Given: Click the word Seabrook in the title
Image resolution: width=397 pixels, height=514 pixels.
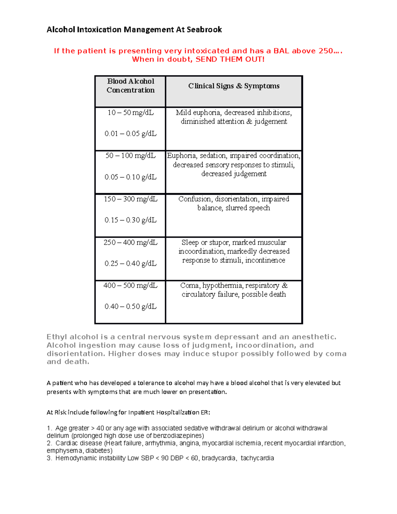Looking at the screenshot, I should tap(204, 30).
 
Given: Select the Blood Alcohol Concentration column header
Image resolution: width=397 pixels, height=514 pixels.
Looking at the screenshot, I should tap(130, 86).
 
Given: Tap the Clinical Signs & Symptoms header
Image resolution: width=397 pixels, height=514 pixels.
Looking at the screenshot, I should tap(234, 86).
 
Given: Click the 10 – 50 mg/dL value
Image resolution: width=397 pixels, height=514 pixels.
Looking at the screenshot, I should tap(130, 113).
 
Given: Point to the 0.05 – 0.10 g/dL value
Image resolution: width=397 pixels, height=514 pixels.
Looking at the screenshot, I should tap(130, 177).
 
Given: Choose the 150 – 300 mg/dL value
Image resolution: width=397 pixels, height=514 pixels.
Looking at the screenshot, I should tap(130, 199).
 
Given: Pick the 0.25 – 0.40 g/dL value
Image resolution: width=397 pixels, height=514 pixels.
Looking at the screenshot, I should tap(130, 263).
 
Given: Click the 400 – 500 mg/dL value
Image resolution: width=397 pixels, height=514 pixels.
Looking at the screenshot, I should tap(130, 285).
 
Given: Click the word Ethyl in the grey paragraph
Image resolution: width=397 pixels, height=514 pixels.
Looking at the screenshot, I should tap(57, 337).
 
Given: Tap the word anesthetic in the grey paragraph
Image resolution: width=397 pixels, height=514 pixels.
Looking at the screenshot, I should tap(314, 337).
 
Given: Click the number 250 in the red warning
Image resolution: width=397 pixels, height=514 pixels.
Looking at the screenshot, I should tap(326, 51).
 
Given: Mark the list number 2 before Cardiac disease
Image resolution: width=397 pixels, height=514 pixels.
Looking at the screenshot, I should tap(49, 443).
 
